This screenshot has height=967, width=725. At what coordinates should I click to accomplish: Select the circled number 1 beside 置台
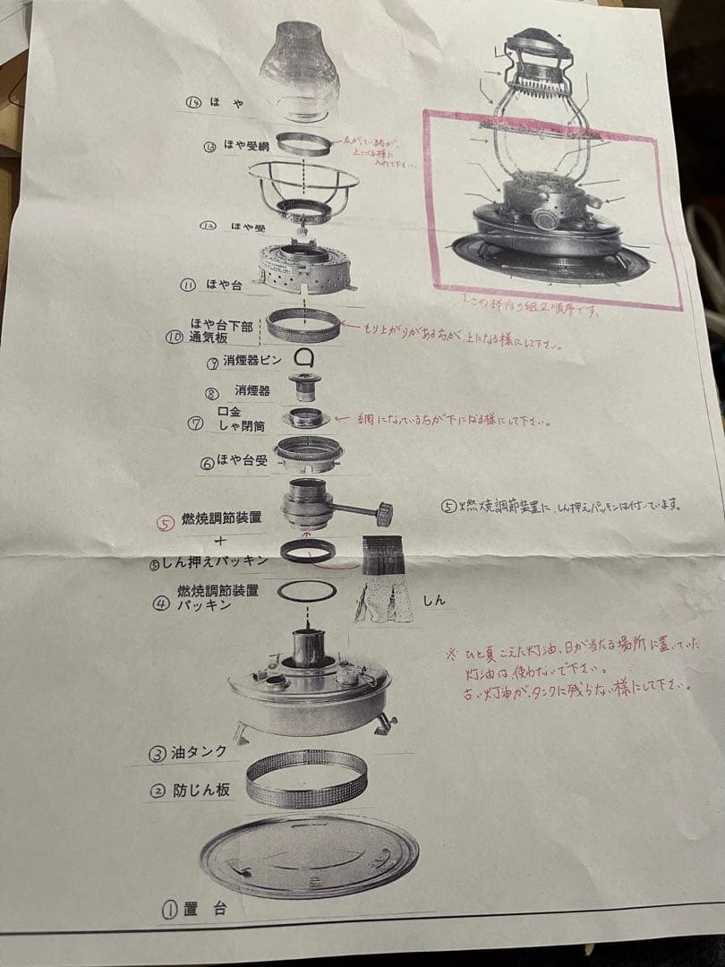169,910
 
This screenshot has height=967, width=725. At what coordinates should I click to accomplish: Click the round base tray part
308,855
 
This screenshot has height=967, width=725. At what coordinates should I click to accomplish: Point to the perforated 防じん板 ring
306,778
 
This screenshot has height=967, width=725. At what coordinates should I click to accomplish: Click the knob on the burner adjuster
384,514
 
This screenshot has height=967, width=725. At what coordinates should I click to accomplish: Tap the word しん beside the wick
434,600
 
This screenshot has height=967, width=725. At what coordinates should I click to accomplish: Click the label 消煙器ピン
249,363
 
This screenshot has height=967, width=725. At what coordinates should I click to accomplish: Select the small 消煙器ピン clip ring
307,357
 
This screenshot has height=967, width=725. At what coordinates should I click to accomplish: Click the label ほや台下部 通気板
220,330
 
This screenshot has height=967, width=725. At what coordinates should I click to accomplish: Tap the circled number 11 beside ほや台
188,286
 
